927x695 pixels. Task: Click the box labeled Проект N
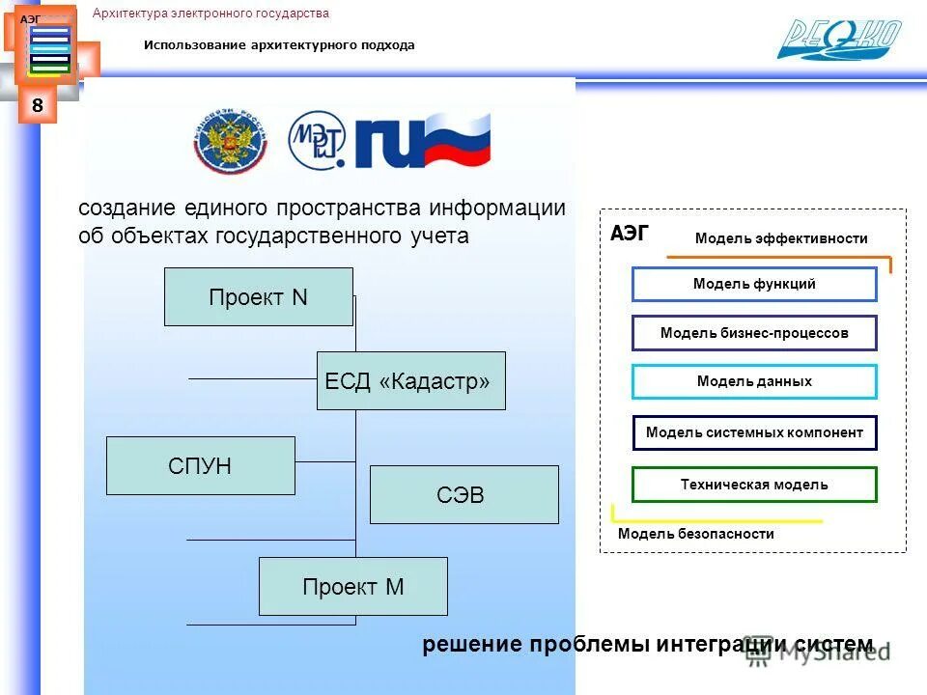click(x=258, y=297)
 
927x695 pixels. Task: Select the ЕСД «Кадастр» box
click(x=410, y=381)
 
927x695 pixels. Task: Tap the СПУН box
click(x=200, y=466)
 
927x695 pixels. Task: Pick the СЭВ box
click(x=463, y=495)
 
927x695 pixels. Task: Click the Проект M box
click(x=352, y=586)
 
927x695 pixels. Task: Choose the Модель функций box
click(x=754, y=284)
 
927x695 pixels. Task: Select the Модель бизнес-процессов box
click(x=754, y=333)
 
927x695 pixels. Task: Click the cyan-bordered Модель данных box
click(x=754, y=381)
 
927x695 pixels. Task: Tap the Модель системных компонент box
click(x=754, y=432)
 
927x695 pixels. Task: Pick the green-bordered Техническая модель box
click(x=754, y=485)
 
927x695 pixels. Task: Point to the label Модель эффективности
click(x=781, y=238)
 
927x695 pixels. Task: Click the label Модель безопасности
click(x=695, y=534)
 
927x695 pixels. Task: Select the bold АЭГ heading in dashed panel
click(x=630, y=233)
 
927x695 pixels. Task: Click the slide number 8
click(x=37, y=105)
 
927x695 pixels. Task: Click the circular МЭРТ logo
click(x=318, y=140)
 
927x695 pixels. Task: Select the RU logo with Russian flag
click(x=423, y=141)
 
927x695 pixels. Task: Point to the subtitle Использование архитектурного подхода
click(x=279, y=45)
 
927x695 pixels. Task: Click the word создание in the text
click(x=126, y=208)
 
